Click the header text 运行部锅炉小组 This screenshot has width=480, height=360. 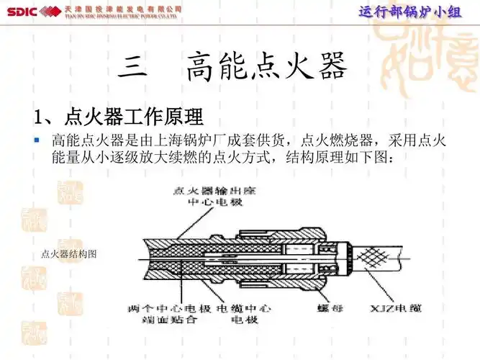pyautogui.click(x=409, y=12)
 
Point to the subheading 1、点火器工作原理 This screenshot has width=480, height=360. pyautogui.click(x=119, y=116)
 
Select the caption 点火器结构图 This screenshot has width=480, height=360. pyautogui.click(x=69, y=254)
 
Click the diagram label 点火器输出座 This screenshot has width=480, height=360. pyautogui.click(x=209, y=191)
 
